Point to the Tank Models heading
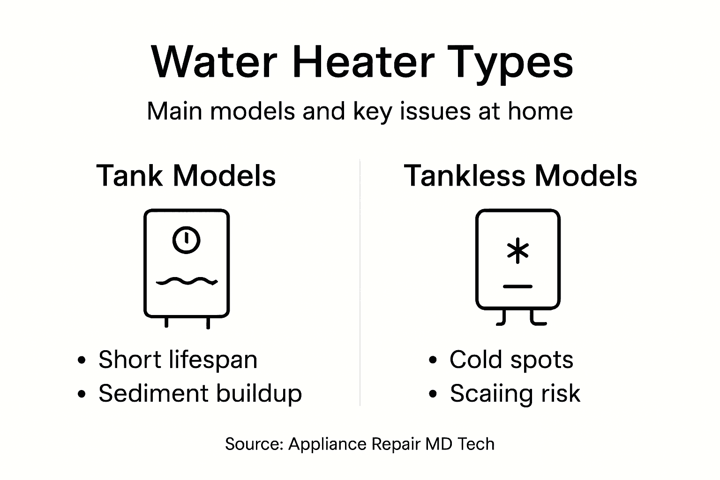[186, 176]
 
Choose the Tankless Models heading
[520, 176]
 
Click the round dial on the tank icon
[186, 240]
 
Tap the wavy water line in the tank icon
[186, 281]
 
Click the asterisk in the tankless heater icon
[517, 251]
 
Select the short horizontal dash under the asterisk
[517, 286]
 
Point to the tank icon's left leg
[166, 322]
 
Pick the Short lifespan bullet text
[178, 360]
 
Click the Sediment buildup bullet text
[200, 393]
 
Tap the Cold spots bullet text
[511, 360]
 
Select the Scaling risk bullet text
[515, 393]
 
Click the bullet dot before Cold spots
[433, 360]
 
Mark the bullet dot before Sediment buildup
[82, 394]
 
